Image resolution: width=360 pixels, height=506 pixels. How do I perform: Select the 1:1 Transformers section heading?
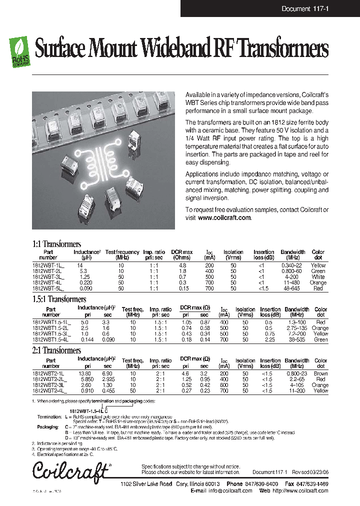click(56, 244)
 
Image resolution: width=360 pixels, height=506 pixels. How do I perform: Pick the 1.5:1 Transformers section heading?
click(59, 299)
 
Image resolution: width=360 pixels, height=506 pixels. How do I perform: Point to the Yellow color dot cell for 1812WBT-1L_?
click(318, 265)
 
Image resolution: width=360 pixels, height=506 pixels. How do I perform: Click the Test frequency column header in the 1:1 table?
click(122, 254)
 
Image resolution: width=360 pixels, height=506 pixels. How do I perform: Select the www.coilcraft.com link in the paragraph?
click(224, 218)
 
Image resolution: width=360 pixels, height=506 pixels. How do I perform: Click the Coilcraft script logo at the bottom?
click(70, 471)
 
